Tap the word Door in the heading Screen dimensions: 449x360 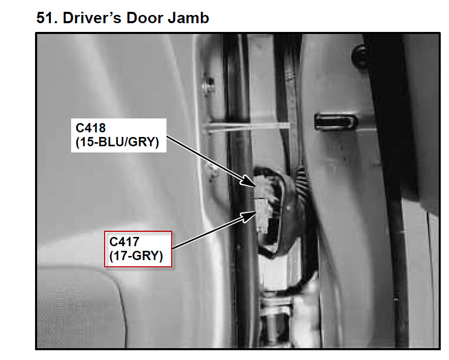[x=145, y=18]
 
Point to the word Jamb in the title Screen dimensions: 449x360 [x=189, y=18]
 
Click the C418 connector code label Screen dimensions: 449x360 [x=91, y=128]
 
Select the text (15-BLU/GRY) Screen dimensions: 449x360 [x=118, y=142]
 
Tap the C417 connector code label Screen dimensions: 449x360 [x=124, y=242]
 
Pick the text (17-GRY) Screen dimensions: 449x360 [x=136, y=255]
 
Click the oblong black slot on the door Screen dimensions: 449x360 [x=336, y=121]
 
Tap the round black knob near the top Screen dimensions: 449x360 [x=361, y=56]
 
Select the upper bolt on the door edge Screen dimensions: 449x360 [x=208, y=84]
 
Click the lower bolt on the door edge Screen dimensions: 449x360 [x=212, y=172]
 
